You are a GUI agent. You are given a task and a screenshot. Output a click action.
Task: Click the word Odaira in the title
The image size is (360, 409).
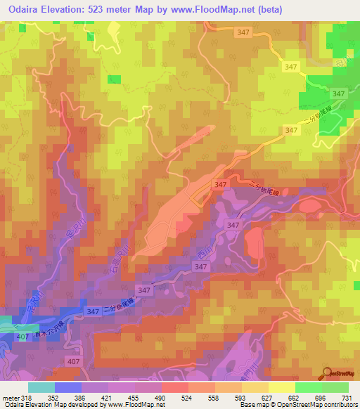25,10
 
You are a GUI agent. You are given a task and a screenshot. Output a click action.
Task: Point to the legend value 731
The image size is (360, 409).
345,397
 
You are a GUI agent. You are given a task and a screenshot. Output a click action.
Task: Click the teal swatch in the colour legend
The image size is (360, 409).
41,387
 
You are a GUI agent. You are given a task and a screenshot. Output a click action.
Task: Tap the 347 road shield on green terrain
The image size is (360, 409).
338,93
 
